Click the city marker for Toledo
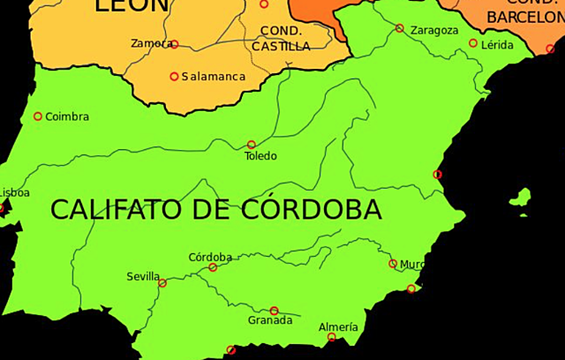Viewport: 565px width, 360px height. (x=252, y=144)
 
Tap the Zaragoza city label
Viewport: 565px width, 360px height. (x=434, y=30)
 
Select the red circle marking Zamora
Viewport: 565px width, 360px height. (x=174, y=44)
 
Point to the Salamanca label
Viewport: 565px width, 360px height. (x=214, y=77)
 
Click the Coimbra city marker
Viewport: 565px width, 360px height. (x=38, y=116)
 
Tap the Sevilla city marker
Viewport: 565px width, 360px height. (x=162, y=283)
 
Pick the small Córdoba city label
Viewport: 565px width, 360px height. (x=210, y=258)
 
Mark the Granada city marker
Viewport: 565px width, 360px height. (x=275, y=311)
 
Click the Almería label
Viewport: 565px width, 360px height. (x=339, y=327)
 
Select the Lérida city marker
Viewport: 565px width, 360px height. (x=473, y=43)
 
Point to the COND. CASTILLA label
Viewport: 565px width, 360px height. (x=281, y=39)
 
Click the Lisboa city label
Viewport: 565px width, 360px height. (x=14, y=192)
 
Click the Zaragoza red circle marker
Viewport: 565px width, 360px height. (x=400, y=28)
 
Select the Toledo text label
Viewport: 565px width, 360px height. (x=260, y=156)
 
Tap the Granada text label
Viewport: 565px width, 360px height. (x=270, y=320)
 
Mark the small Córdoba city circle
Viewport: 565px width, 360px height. (x=213, y=267)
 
